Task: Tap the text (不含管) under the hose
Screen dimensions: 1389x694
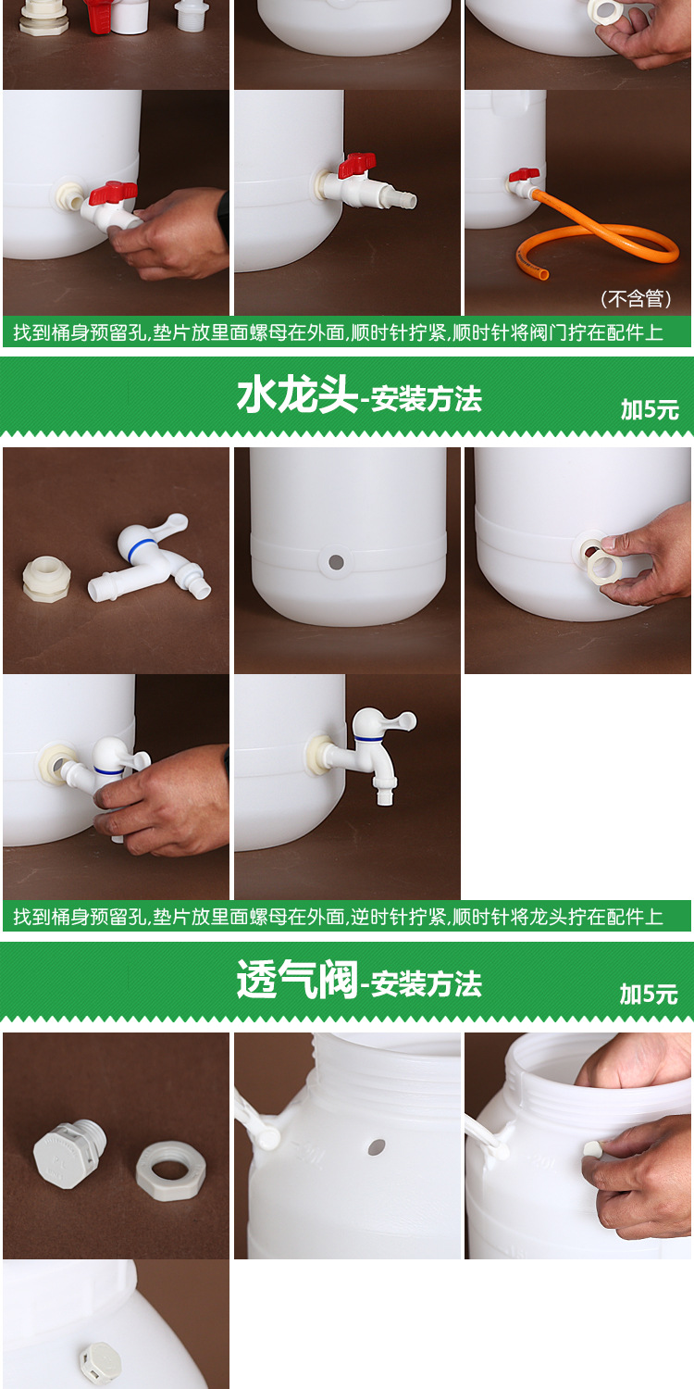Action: [x=637, y=299]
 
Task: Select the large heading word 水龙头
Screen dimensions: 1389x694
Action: [x=296, y=397]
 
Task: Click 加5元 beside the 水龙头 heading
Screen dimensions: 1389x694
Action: [x=650, y=410]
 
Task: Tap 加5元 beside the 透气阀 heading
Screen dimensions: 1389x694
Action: [x=650, y=995]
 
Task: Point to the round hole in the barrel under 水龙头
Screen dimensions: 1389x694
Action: [x=336, y=561]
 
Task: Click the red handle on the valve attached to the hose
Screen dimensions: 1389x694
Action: [x=524, y=174]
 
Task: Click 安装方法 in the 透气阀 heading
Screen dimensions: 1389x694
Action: [x=427, y=984]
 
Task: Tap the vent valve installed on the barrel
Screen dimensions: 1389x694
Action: [x=99, y=1362]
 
